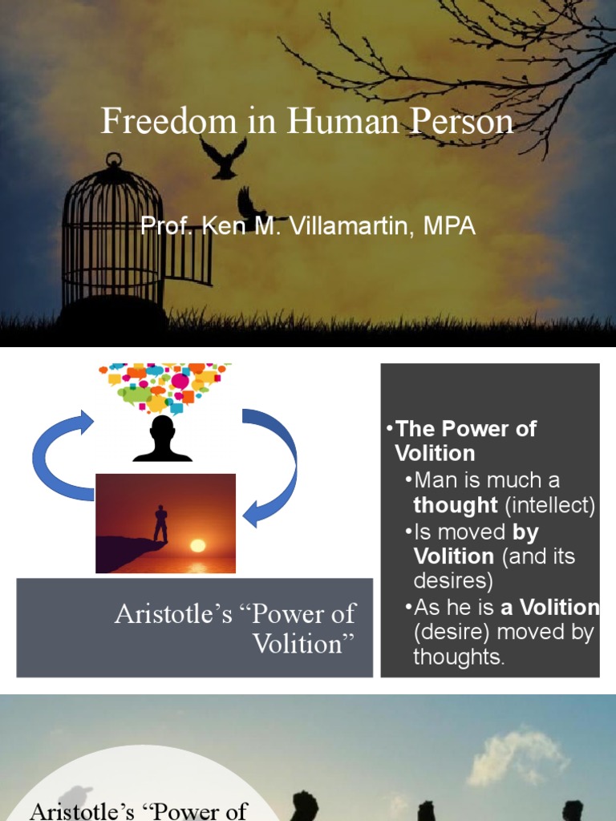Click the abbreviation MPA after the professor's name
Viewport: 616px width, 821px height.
pyautogui.click(x=452, y=227)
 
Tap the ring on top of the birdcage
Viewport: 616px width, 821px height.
pyautogui.click(x=113, y=160)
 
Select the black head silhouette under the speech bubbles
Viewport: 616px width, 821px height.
pyautogui.click(x=162, y=439)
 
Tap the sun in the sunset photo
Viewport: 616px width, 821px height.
pyautogui.click(x=197, y=546)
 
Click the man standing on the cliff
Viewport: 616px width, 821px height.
pyautogui.click(x=160, y=524)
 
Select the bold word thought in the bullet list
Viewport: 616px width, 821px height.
pyautogui.click(x=455, y=506)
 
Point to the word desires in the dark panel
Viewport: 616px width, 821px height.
pyautogui.click(x=452, y=580)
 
